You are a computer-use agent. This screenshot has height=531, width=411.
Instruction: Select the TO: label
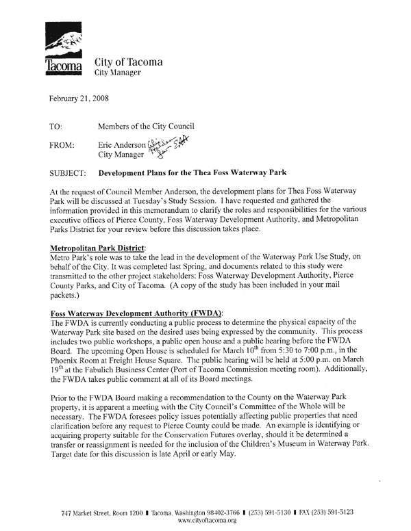[x=58, y=126]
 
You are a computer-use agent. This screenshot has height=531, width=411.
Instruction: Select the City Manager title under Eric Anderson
[x=123, y=155]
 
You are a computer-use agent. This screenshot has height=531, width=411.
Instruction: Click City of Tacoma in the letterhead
[x=128, y=63]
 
